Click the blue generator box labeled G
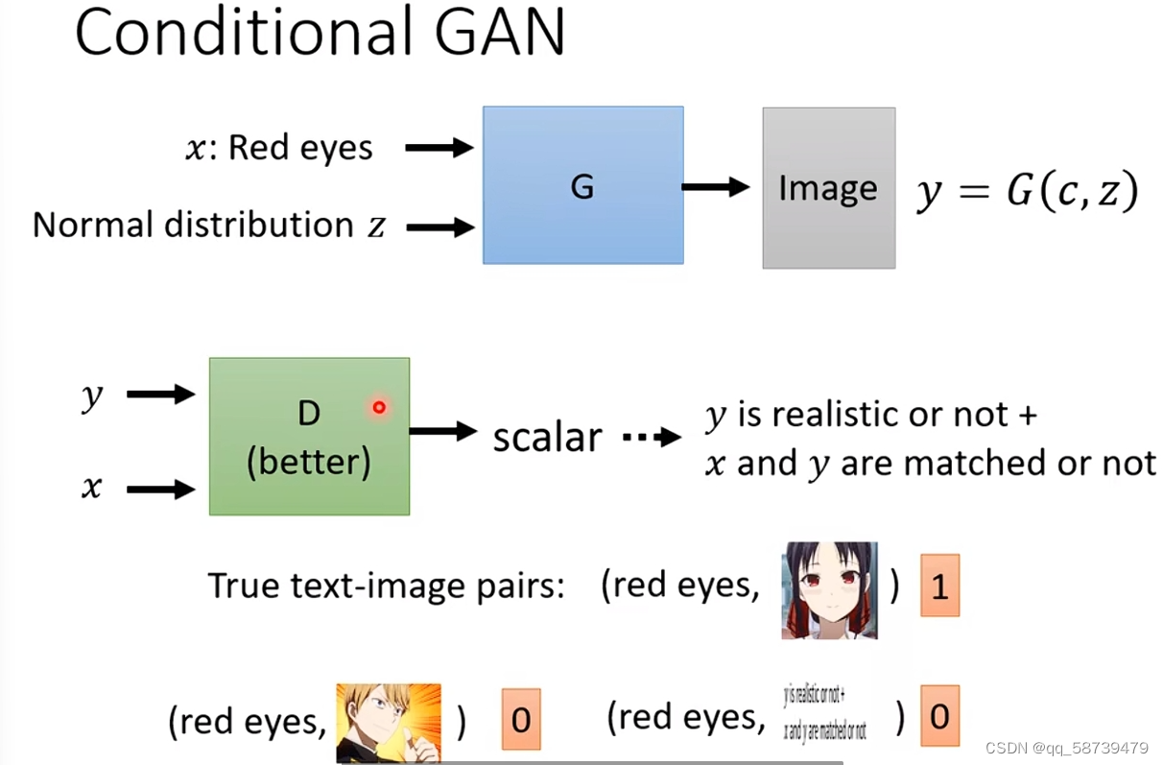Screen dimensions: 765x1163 (x=582, y=185)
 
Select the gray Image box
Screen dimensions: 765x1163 (x=828, y=188)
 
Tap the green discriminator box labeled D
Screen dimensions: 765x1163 (x=309, y=437)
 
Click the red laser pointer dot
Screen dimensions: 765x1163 (x=379, y=408)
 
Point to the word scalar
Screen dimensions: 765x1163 (x=547, y=437)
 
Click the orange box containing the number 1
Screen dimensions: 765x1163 (x=939, y=586)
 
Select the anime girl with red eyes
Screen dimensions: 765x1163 (x=829, y=589)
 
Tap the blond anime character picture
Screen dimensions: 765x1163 (x=388, y=722)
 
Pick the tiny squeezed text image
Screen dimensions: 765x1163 (x=826, y=712)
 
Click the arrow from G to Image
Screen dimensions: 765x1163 (x=715, y=187)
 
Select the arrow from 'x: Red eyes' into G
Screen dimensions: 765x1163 (x=439, y=148)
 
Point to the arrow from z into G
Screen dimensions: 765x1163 (x=439, y=227)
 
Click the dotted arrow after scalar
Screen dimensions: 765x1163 (x=651, y=438)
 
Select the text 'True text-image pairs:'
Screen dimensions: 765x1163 (x=386, y=586)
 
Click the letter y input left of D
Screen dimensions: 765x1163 (x=91, y=395)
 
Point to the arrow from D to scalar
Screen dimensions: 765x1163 (x=442, y=432)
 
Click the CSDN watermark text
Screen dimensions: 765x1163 (x=1066, y=748)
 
